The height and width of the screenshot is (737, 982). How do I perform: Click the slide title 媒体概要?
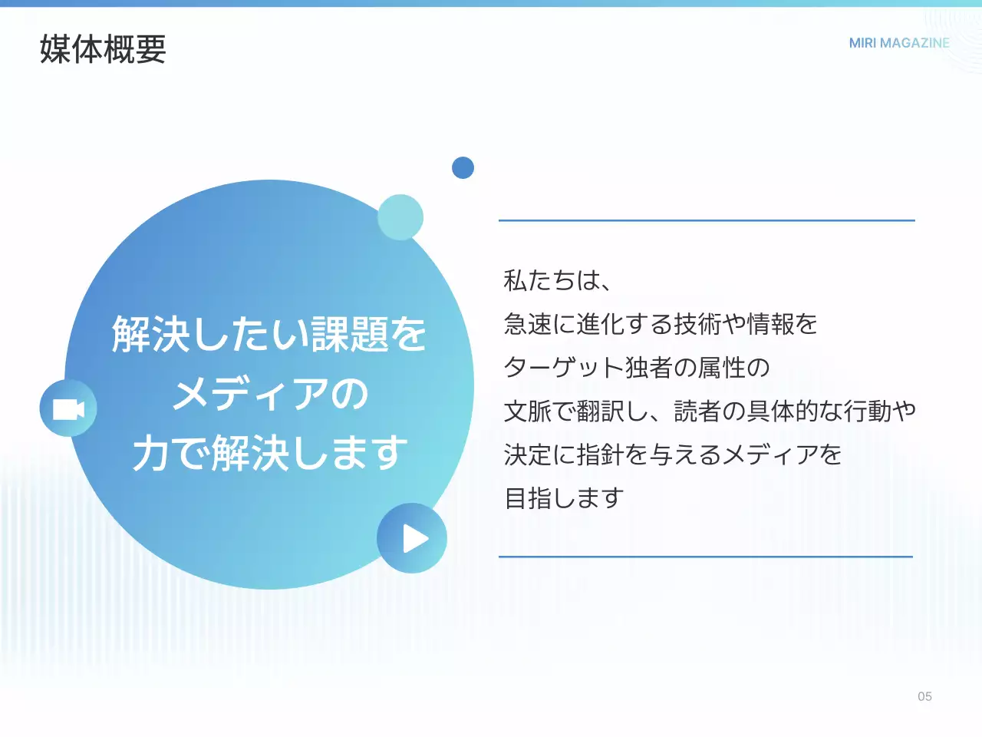coord(103,49)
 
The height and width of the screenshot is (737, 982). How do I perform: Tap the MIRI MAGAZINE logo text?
coord(899,43)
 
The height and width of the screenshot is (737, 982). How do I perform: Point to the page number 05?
coord(924,696)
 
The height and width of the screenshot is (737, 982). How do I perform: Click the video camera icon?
coord(68,408)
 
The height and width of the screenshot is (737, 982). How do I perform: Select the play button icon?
coord(413,538)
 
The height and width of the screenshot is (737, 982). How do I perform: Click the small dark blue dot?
coord(463,167)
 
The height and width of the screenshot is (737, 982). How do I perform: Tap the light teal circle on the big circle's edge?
coord(400,217)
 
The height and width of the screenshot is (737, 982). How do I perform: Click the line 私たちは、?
coord(557,280)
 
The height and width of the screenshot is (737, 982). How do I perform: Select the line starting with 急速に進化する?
coord(661,324)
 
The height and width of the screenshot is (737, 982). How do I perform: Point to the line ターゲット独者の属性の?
coord(637,368)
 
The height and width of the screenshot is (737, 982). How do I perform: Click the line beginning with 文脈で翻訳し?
coord(710,411)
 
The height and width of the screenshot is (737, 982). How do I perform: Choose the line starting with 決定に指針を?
coord(673,455)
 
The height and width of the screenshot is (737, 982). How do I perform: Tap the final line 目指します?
coord(564,498)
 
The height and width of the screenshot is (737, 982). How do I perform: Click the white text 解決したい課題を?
coord(269,334)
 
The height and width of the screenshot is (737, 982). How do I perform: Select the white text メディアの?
coord(270,394)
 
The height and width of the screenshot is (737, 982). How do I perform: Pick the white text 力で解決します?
coord(270,453)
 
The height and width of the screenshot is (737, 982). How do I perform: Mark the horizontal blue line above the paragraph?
coord(707,220)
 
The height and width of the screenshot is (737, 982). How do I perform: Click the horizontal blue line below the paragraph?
coord(706,557)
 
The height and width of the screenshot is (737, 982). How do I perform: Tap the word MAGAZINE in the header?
coord(914,43)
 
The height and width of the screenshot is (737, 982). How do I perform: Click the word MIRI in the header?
coord(862,43)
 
